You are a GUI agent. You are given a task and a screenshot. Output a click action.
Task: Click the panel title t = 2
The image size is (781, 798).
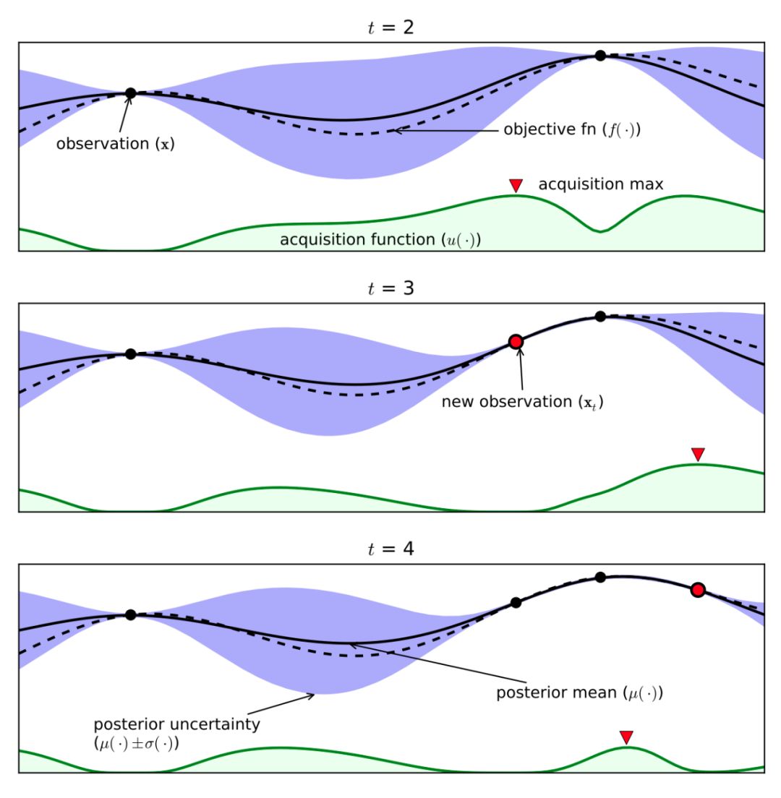(x=390, y=29)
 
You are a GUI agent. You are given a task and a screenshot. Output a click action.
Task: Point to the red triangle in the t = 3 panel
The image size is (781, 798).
(x=698, y=454)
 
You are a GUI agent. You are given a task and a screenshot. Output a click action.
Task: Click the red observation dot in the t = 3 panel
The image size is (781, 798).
(x=516, y=342)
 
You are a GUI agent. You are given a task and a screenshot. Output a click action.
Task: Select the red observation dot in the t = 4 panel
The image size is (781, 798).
(x=698, y=591)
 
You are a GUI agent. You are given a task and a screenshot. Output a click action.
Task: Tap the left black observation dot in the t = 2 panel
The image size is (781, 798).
(x=131, y=93)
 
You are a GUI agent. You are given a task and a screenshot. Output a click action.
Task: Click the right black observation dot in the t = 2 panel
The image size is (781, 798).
(x=600, y=56)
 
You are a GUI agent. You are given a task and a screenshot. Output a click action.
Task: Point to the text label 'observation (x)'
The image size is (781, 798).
(x=116, y=144)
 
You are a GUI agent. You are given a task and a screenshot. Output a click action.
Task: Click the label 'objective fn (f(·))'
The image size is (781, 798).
(x=573, y=132)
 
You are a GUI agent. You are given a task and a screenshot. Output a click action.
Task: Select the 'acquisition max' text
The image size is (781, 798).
(x=601, y=186)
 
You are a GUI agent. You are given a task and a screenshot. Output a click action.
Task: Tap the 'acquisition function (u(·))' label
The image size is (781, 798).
(x=380, y=239)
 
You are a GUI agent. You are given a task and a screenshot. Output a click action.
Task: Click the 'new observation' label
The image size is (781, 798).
(x=522, y=402)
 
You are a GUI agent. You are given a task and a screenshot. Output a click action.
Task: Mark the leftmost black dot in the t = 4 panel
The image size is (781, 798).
(x=131, y=615)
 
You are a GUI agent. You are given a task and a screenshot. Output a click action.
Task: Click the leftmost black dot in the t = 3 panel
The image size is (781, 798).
(x=131, y=354)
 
